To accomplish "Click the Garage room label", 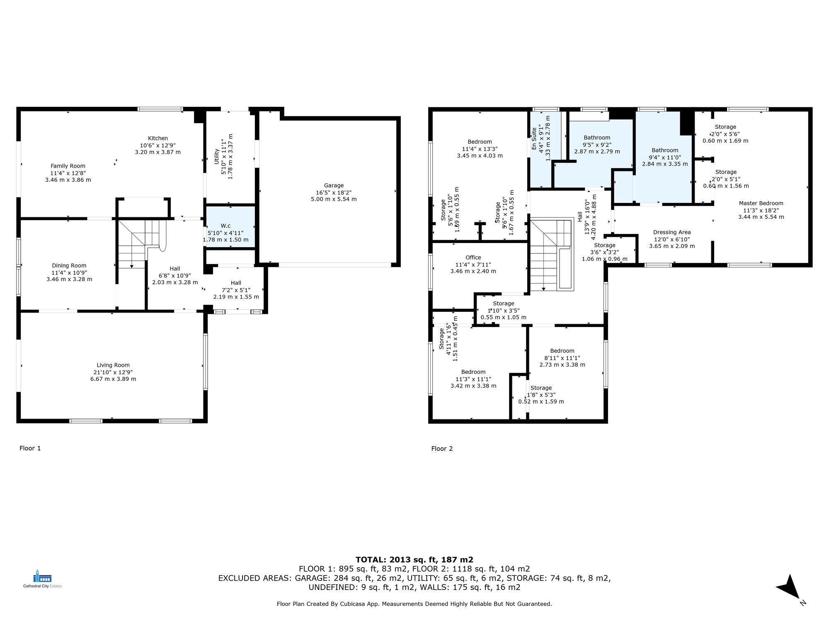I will [334, 185].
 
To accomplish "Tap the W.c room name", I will [225, 226].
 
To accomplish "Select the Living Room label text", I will [113, 365].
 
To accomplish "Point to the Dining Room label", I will [69, 266].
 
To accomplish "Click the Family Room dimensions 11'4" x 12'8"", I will [68, 173].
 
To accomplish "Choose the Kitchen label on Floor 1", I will [158, 138].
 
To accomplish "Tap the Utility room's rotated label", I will [216, 156].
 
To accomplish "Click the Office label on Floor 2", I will [473, 258].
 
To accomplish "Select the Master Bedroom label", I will [761, 203].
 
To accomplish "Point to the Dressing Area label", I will [672, 232].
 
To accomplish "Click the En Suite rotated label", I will [534, 139].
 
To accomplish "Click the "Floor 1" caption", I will [30, 448].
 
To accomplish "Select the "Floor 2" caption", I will [442, 448].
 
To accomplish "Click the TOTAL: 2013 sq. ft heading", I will [414, 560].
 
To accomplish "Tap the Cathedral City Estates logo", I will [42, 579].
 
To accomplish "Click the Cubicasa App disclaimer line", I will [414, 604].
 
